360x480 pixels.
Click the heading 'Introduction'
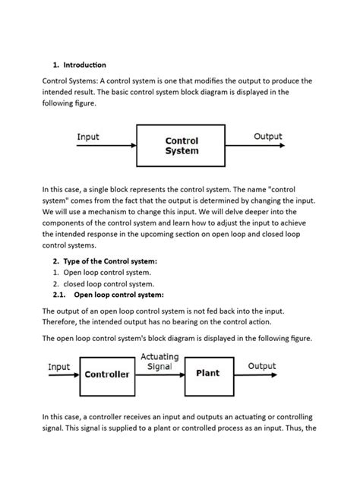(x=84, y=65)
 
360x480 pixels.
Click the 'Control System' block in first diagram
(x=182, y=146)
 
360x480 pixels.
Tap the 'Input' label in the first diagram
(x=87, y=137)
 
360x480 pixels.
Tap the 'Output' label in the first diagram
(x=267, y=137)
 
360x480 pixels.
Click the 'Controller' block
(x=106, y=374)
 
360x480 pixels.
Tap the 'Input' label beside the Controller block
(x=59, y=367)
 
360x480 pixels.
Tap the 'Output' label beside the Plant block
(x=262, y=366)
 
